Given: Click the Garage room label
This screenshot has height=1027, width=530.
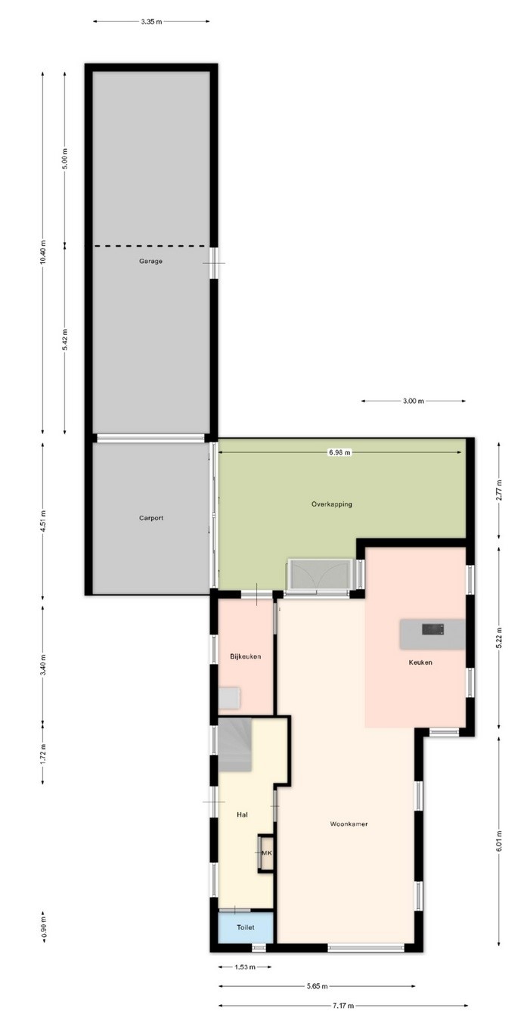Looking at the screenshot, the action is click(x=151, y=262).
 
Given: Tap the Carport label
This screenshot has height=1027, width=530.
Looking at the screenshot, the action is click(x=151, y=518).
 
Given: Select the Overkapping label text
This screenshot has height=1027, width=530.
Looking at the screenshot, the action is click(x=332, y=504).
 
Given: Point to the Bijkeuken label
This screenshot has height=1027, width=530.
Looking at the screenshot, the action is click(x=245, y=656).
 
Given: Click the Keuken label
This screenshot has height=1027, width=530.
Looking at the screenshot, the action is click(x=420, y=662).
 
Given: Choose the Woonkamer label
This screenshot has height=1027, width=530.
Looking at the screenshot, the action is click(x=349, y=824).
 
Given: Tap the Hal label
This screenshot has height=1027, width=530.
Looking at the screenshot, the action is click(x=243, y=814).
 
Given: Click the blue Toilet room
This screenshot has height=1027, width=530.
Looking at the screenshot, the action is click(x=246, y=927).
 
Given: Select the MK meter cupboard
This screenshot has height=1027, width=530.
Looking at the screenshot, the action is click(x=266, y=853).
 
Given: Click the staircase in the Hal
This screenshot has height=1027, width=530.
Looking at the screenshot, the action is click(x=234, y=745).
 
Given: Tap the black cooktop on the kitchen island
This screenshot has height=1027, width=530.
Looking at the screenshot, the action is click(x=432, y=629).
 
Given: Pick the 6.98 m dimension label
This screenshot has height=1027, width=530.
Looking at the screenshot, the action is click(x=339, y=452).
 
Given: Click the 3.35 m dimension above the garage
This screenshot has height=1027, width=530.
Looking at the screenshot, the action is click(x=151, y=21).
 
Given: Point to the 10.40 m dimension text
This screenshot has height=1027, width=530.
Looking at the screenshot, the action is click(x=43, y=252).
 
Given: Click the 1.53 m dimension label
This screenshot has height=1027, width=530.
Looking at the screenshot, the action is click(x=245, y=967).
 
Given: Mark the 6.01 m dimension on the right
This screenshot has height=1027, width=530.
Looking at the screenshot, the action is click(x=499, y=841).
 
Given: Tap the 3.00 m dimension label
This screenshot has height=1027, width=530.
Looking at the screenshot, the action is click(x=413, y=401).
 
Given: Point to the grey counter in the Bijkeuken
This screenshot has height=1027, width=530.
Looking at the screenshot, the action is click(x=229, y=697).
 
